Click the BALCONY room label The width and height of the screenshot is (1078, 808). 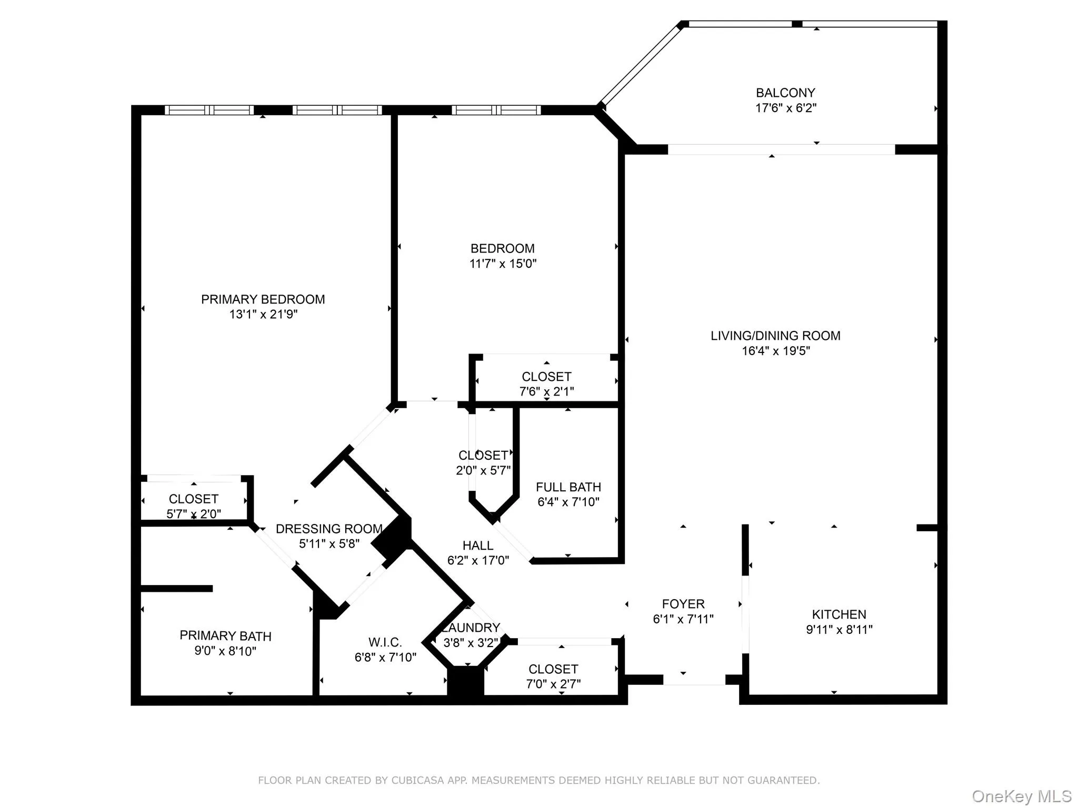pos(785,93)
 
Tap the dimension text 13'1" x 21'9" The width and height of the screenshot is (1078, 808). pos(263,315)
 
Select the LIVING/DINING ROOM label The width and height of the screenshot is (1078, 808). pos(775,336)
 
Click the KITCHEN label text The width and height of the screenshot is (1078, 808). pos(839,614)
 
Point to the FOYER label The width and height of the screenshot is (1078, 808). pos(683,604)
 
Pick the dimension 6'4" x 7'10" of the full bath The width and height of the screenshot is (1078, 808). pos(568,502)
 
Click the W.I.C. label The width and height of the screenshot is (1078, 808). pos(385,642)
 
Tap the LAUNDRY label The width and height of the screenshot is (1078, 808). pos(471,628)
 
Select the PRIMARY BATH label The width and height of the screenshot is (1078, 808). pos(225,635)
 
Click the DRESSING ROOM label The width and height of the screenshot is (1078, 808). pos(329,529)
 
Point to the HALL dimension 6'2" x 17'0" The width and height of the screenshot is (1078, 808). pos(478,561)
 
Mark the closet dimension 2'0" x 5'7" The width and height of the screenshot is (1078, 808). pos(483,470)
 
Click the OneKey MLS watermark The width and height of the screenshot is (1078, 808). pos(1021,796)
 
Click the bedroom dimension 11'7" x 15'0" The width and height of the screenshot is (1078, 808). pos(503,264)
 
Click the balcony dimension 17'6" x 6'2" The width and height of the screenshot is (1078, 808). pos(785,108)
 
